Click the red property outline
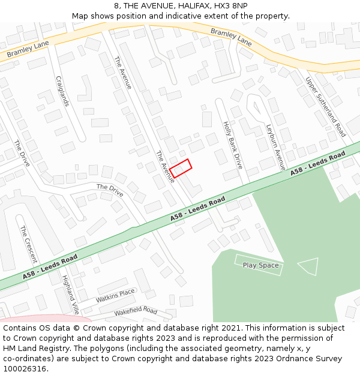[x=180, y=168]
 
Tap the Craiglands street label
[x=62, y=91]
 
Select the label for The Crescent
[x=28, y=244]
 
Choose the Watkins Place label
[x=116, y=296]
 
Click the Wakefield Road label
[x=136, y=311]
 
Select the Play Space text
[x=260, y=265]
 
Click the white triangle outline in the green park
[x=309, y=266]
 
